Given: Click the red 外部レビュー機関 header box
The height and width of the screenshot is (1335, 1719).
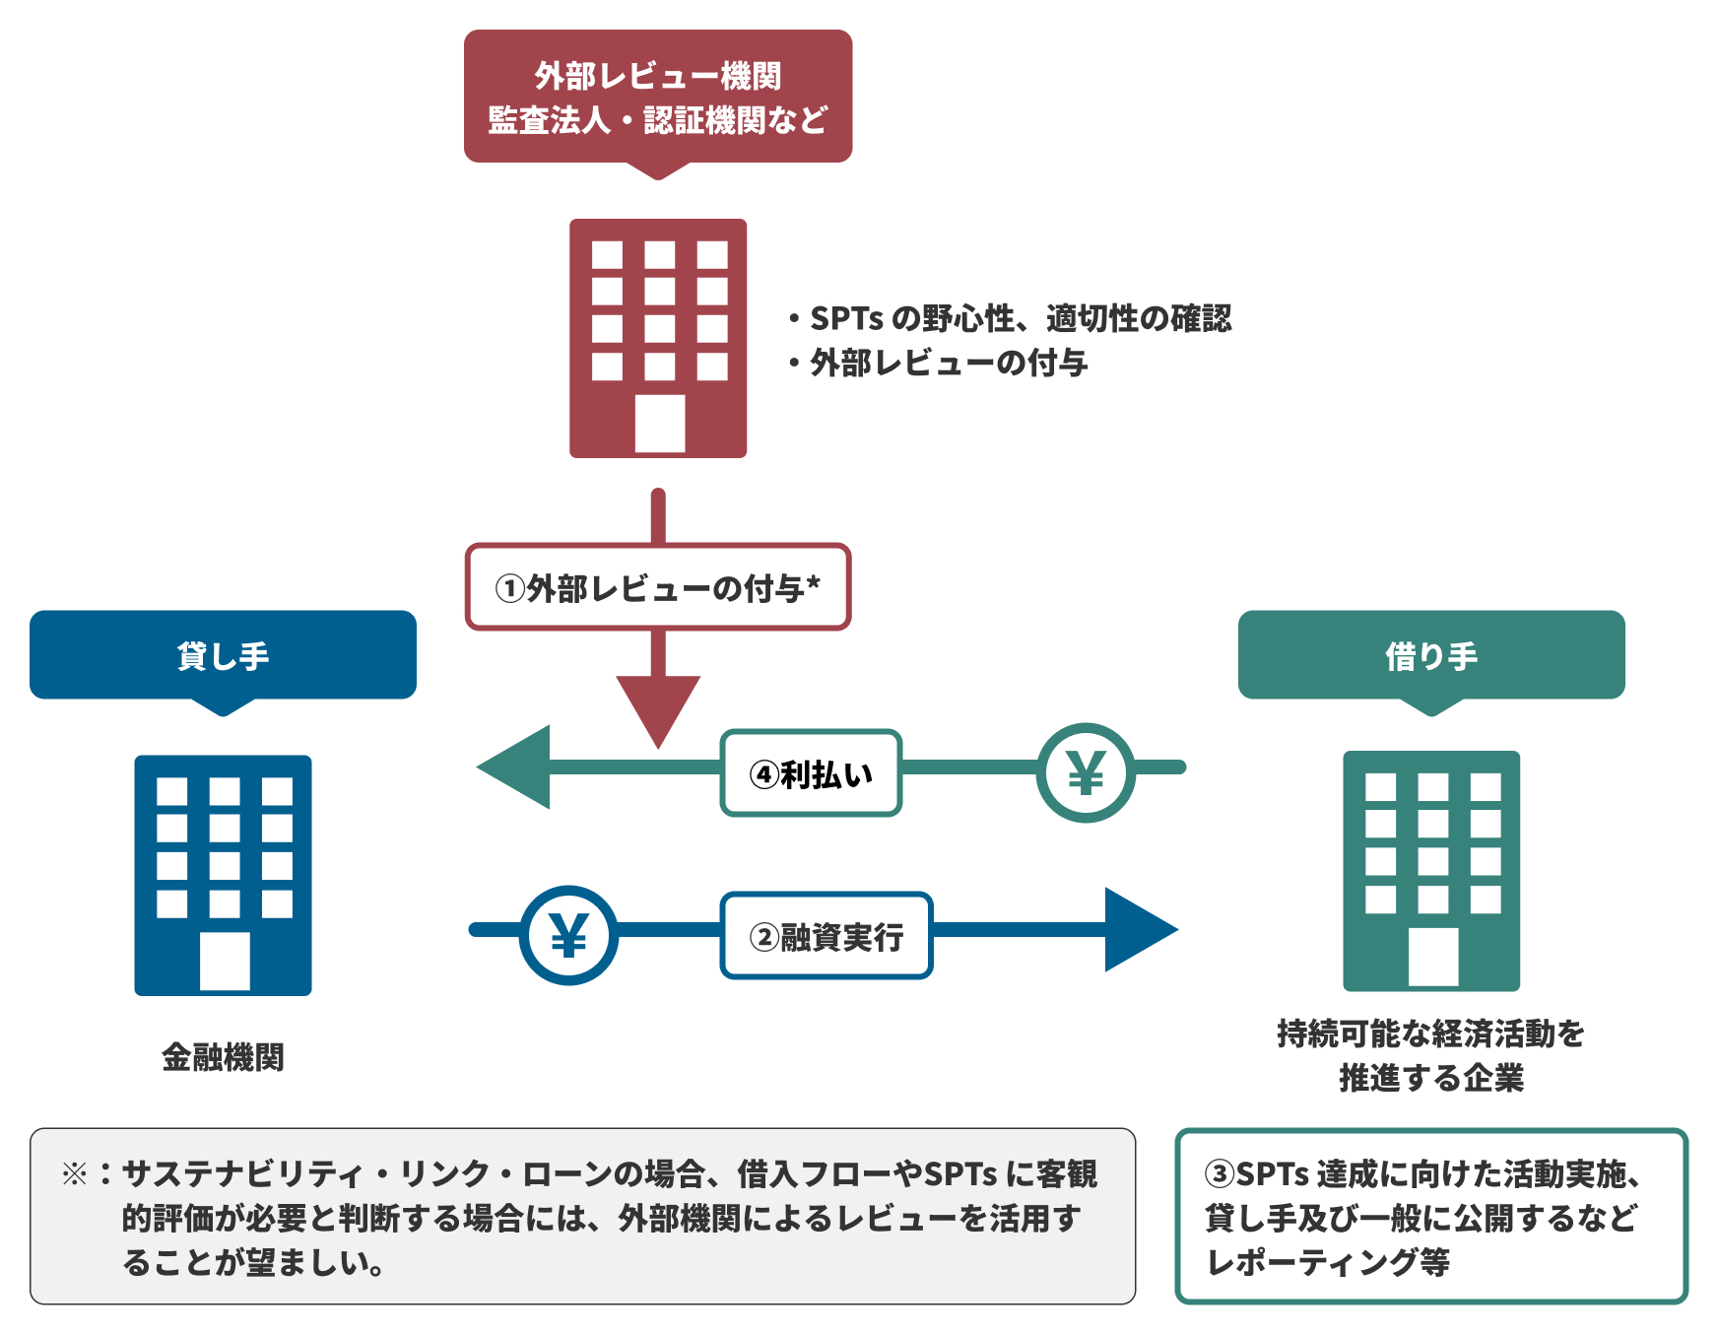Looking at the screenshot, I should pos(658,97).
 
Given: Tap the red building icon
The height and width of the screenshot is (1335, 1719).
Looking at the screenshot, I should pos(658,338).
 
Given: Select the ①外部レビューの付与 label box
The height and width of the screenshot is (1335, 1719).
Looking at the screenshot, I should pos(658,587).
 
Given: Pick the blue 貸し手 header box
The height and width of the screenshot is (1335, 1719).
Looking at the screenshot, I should pos(223,655).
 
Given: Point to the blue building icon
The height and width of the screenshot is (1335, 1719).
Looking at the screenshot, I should pos(223,875).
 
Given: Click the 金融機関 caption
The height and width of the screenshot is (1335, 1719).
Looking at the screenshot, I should pos(223,1057).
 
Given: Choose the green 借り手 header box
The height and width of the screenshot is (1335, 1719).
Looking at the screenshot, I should pos(1430,655).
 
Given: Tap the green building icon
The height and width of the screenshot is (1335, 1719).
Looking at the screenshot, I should pos(1430,871).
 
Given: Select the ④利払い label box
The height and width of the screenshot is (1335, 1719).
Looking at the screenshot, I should pos(811,774).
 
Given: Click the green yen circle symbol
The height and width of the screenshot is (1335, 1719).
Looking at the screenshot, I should pos(1086,772).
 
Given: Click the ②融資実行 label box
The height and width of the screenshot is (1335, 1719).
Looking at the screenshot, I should pos(826,936).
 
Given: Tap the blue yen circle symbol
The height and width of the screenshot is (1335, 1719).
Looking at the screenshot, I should pos(568,935).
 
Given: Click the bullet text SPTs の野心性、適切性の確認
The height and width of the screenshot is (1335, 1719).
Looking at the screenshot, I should pos(1020,318).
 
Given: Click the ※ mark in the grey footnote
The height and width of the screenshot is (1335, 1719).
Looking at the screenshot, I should pos(75,1173).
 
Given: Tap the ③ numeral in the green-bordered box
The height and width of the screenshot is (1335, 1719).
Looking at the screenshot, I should pos(1220,1173).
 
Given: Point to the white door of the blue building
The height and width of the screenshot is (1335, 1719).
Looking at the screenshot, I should pos(225,961).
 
